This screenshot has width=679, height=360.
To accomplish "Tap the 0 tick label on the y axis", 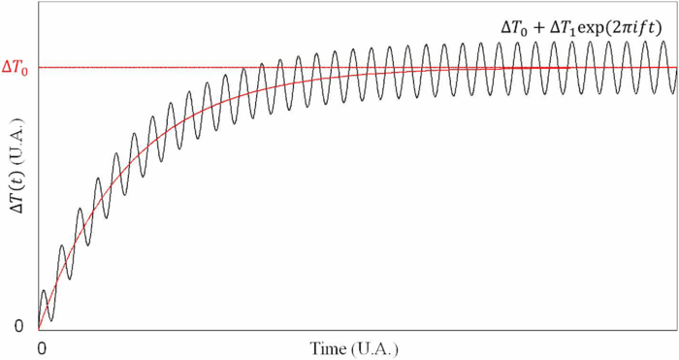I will click(x=18, y=326).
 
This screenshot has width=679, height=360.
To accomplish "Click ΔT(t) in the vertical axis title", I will click(x=18, y=208).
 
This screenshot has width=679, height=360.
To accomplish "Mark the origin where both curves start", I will click(x=40, y=327).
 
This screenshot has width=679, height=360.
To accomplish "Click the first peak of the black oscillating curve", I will click(x=44, y=290).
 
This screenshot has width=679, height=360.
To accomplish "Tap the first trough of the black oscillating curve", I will click(x=51, y=320).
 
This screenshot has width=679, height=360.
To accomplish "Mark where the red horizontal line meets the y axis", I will click(x=39, y=68).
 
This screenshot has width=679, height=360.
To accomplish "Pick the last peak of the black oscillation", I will click(x=669, y=44).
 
